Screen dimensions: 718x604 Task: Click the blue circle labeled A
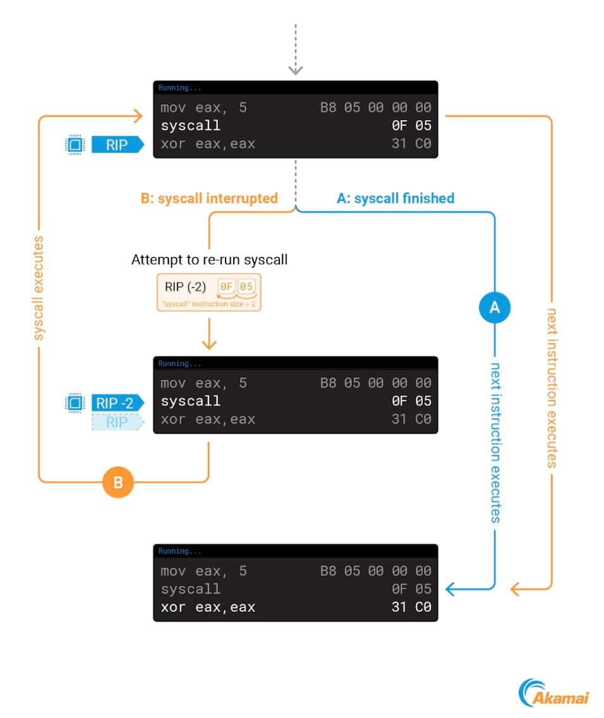(x=495, y=307)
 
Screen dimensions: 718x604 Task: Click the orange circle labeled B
(x=118, y=482)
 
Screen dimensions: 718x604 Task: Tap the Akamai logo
(x=553, y=692)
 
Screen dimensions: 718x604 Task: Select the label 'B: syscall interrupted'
(x=209, y=198)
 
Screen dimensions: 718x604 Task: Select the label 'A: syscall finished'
(x=396, y=198)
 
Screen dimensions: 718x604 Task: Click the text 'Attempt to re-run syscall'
(x=209, y=260)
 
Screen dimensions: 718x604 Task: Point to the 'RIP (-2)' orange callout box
(x=209, y=291)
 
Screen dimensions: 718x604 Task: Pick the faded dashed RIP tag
(x=118, y=422)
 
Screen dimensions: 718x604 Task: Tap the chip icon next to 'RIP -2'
(x=75, y=403)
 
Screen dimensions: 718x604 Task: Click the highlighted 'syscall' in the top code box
(x=191, y=126)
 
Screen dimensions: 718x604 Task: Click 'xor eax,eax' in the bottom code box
(x=208, y=607)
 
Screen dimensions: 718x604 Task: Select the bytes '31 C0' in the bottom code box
(x=411, y=607)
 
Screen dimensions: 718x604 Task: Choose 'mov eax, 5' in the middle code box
(x=203, y=383)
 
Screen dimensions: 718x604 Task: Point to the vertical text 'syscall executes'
(x=39, y=288)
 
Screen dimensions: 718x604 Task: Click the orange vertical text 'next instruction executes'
(x=552, y=387)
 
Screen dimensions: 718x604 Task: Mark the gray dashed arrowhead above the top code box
(x=295, y=70)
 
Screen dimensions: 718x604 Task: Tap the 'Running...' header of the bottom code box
(x=179, y=551)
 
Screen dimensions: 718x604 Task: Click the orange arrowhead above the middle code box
(x=208, y=344)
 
